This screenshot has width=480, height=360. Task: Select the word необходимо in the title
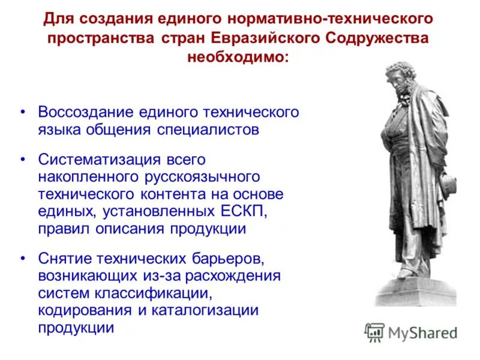[237, 58]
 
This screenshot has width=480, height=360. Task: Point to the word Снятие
[62, 259]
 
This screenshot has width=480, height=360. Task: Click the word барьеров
[226, 259]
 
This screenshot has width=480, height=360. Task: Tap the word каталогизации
[210, 311]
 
